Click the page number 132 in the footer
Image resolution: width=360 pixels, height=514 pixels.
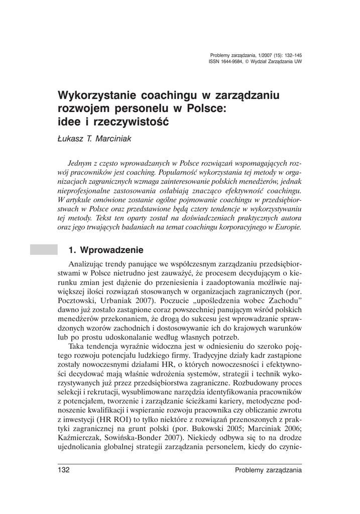(62, 470)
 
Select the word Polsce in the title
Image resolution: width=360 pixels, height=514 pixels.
(207, 108)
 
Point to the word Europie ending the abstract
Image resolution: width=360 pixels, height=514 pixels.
(287, 227)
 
